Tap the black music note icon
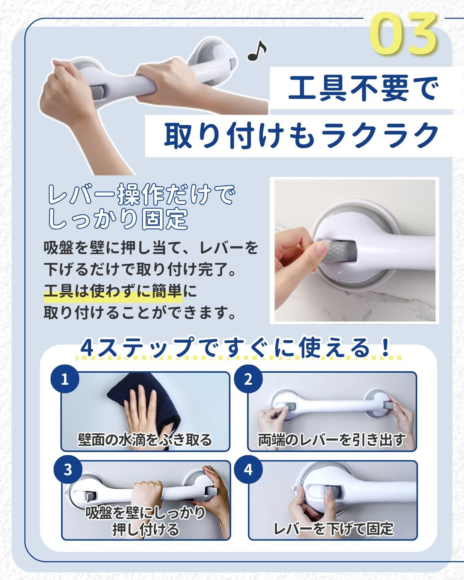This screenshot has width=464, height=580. tap(257, 51)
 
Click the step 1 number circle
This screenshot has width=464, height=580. tap(65, 379)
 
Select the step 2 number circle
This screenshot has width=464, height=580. tap(248, 379)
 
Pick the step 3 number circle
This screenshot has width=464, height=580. tap(68, 470)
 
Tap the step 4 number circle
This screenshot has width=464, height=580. tap(248, 470)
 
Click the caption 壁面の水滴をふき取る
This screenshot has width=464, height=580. tap(145, 440)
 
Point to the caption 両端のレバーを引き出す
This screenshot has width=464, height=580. tap(332, 440)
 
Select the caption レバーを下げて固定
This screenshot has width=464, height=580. tap(334, 529)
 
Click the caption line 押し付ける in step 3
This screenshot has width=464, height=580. tap(146, 529)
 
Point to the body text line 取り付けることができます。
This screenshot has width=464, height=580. tap(140, 313)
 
